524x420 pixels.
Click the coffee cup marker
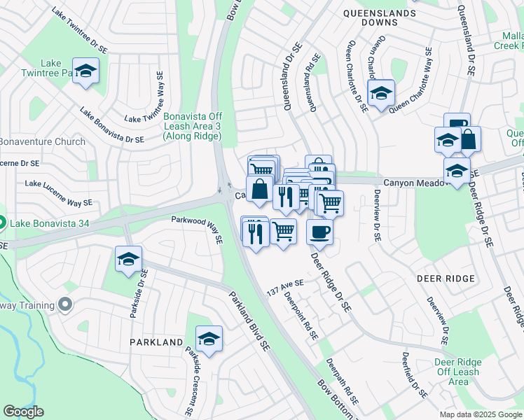click(319, 230)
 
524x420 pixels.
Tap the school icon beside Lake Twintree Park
click(85, 71)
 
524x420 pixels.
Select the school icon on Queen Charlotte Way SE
click(381, 93)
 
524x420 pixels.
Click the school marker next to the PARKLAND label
click(209, 339)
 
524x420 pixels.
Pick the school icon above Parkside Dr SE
click(128, 260)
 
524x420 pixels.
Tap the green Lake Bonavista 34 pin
click(3, 224)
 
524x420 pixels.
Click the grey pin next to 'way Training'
click(66, 304)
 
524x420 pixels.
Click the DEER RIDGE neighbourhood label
click(446, 279)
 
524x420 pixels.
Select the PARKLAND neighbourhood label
click(156, 342)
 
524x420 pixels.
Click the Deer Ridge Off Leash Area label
click(458, 372)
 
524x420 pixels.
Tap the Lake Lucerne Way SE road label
click(59, 193)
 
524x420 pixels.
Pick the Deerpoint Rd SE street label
click(301, 315)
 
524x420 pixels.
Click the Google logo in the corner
click(23, 412)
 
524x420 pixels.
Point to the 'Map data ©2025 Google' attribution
click(480, 414)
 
